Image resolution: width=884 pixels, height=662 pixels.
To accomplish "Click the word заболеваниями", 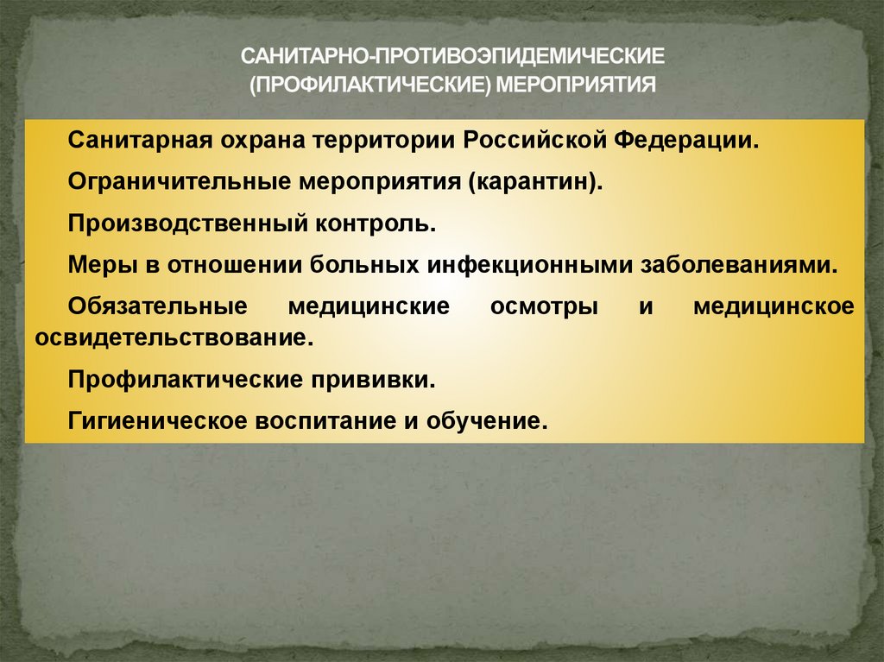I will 738,265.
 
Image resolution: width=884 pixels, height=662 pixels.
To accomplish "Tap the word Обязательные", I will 159,306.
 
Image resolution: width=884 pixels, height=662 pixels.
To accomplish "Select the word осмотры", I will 544,307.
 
